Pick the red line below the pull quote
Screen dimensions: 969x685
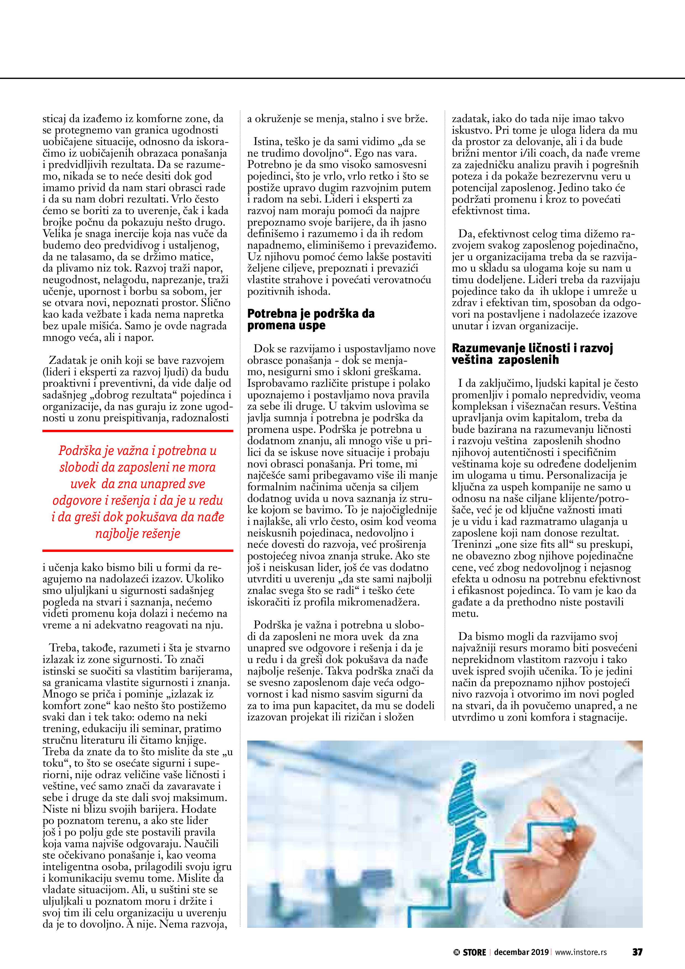point(138,550)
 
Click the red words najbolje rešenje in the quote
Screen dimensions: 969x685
point(138,533)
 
